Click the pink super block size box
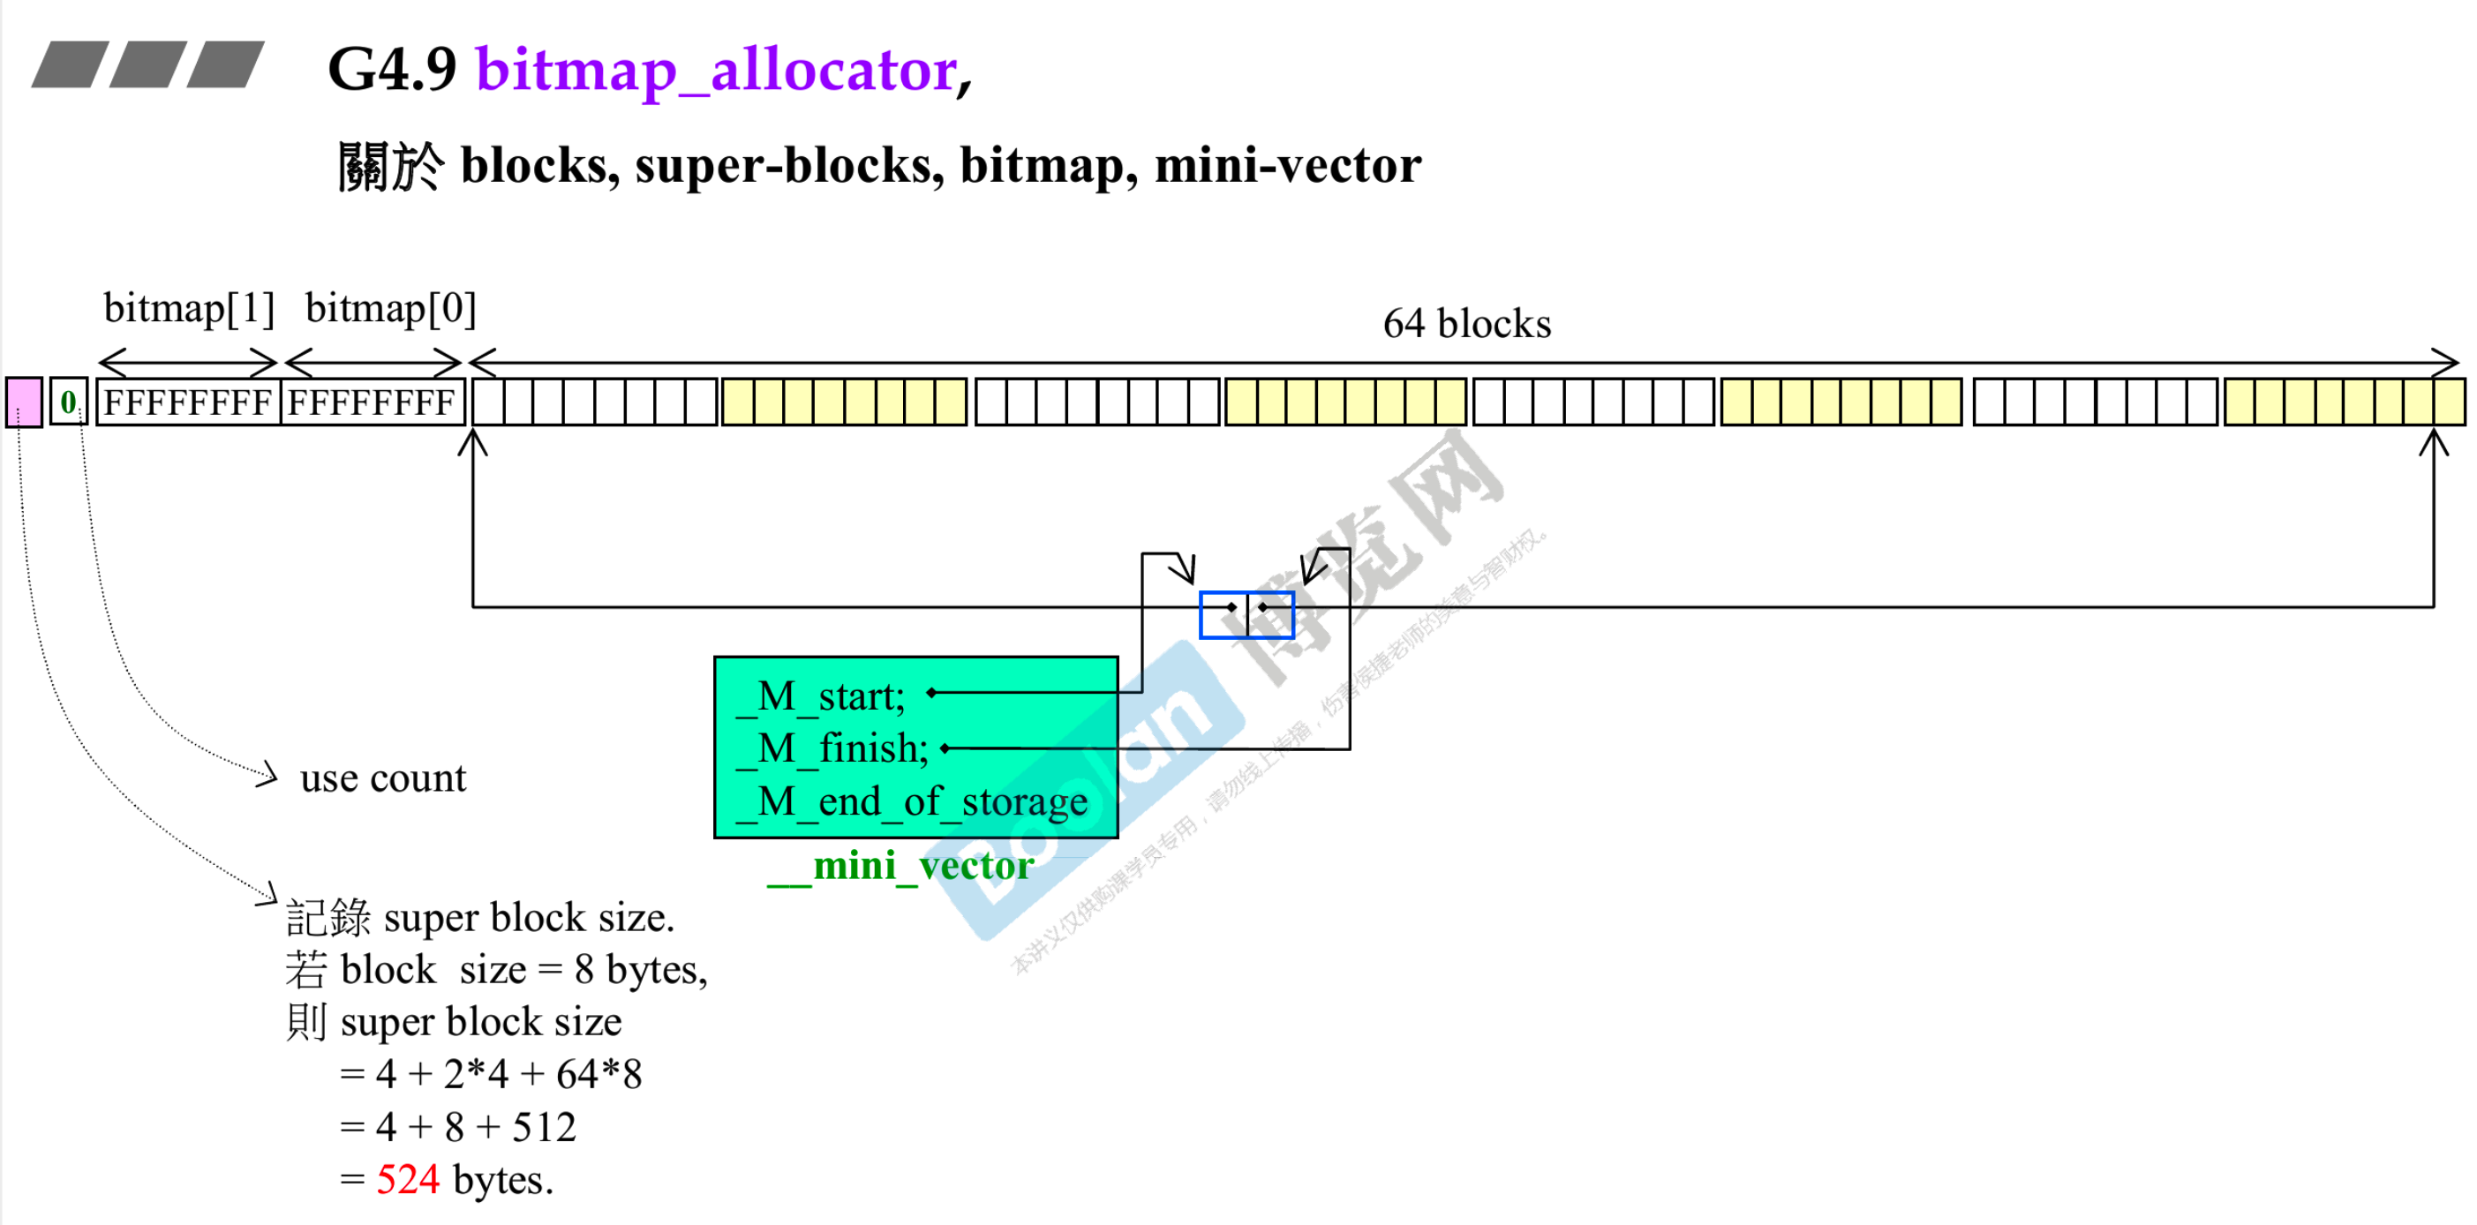click(x=24, y=402)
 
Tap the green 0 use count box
click(x=68, y=402)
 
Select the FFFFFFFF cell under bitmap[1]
click(x=187, y=402)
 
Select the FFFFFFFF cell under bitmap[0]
click(x=373, y=402)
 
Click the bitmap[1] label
click(x=189, y=309)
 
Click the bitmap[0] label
click(x=390, y=309)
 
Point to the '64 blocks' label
click(x=1466, y=324)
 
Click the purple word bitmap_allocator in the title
click(x=718, y=71)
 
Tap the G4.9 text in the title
click(x=391, y=71)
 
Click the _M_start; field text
click(x=822, y=696)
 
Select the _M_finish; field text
click(x=833, y=748)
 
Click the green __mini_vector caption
click(x=900, y=866)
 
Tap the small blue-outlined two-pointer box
click(x=1246, y=614)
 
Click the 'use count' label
click(x=383, y=778)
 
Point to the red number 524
click(x=408, y=1180)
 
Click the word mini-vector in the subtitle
click(x=1288, y=165)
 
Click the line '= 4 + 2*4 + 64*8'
click(x=491, y=1074)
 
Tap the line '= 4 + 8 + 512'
click(x=457, y=1127)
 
